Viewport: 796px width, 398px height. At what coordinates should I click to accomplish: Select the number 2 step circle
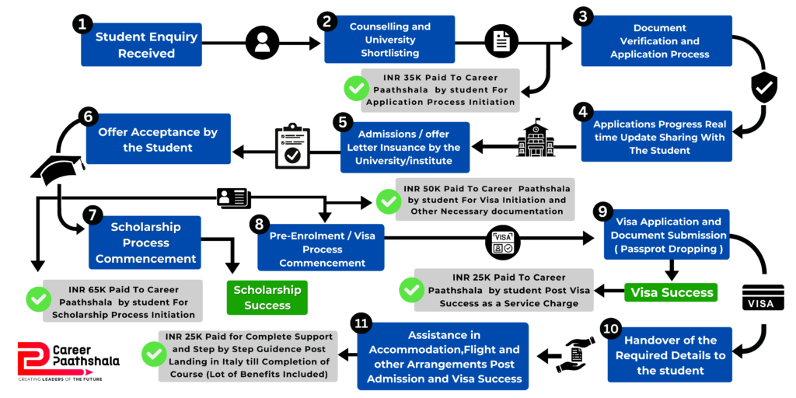coord(329,21)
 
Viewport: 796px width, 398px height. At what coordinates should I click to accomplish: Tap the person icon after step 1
coord(262,43)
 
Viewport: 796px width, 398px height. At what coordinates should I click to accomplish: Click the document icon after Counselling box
coord(501,42)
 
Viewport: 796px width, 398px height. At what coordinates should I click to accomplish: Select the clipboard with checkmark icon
coord(292,145)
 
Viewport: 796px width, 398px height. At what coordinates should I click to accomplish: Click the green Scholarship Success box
coord(267,298)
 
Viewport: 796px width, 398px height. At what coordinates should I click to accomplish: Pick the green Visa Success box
coord(671,292)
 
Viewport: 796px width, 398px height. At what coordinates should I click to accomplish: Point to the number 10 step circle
coord(611,328)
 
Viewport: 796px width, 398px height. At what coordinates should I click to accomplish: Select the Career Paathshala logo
coord(68,360)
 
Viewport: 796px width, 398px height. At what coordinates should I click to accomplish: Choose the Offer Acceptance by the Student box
coord(158,140)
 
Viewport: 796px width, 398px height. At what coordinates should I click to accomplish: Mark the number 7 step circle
coord(91,214)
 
